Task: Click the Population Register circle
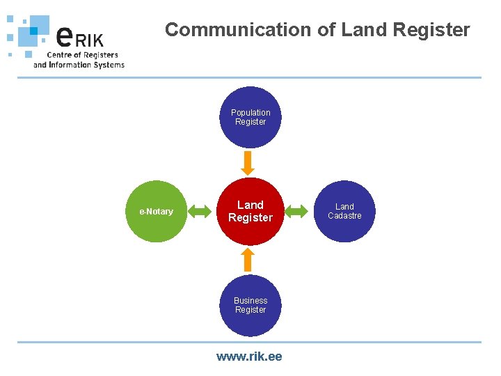tap(250, 117)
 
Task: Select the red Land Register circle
tap(250, 211)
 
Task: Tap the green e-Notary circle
tap(157, 211)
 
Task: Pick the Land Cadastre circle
tap(344, 211)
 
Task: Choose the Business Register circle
tap(250, 305)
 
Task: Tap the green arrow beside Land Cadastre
tap(297, 211)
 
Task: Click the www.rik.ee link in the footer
tap(249, 357)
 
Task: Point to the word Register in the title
tap(431, 30)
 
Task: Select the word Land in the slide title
tap(365, 30)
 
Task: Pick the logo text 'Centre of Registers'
tap(82, 54)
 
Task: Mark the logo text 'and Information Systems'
tap(79, 65)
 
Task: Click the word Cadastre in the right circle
tap(344, 216)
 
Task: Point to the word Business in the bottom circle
tap(250, 301)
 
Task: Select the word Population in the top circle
tap(250, 113)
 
